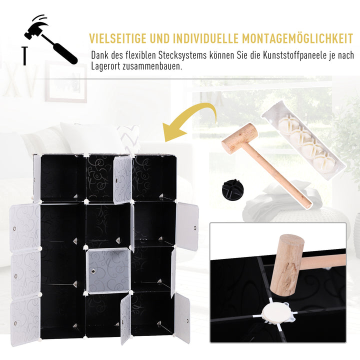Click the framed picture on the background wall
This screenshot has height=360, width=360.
click(x=65, y=82)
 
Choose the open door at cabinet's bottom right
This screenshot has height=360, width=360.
click(x=182, y=318)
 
